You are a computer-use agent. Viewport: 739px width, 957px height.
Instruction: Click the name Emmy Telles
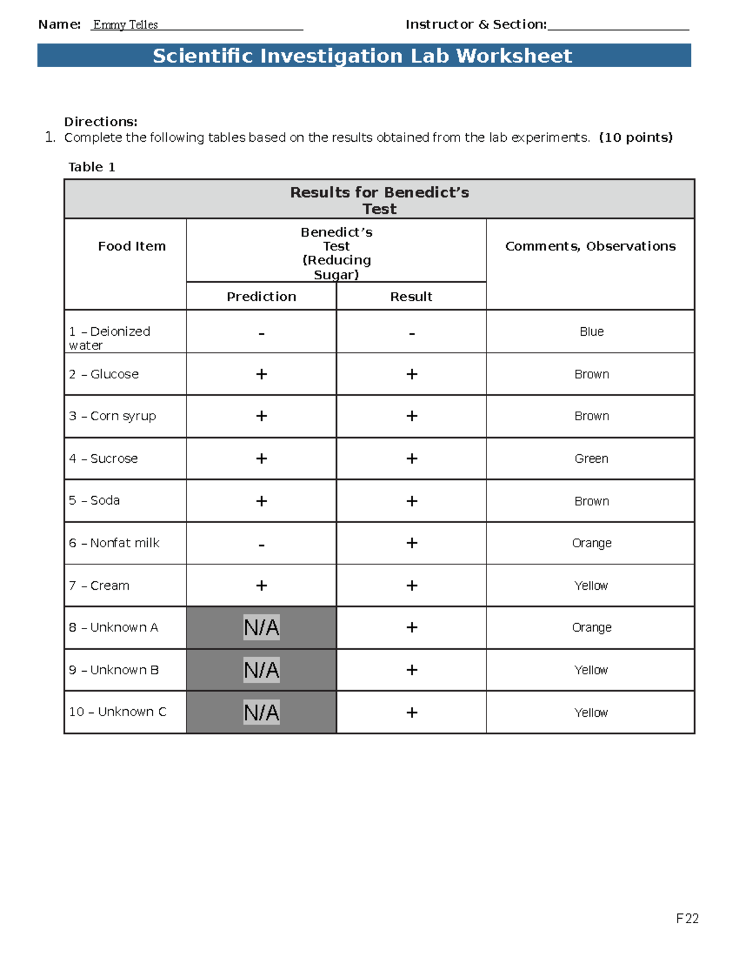(x=125, y=25)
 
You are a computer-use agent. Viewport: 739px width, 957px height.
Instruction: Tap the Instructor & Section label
(x=475, y=25)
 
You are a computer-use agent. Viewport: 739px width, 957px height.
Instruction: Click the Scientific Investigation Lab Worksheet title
(x=363, y=56)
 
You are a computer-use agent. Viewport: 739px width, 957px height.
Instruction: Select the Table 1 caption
(x=91, y=167)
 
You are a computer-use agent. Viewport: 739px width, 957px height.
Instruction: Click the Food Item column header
(x=132, y=246)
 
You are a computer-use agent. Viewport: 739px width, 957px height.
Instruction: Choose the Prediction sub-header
(x=261, y=296)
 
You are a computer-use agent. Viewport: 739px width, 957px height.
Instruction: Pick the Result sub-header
(x=411, y=296)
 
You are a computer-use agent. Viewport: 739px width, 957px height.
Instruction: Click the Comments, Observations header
(x=590, y=246)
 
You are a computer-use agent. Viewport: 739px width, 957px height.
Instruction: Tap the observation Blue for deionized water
(x=591, y=332)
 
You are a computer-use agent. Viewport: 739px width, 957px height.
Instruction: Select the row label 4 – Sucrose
(x=103, y=458)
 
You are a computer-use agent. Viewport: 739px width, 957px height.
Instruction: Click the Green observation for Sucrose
(x=591, y=458)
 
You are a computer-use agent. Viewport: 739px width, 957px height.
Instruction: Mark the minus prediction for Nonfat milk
(x=261, y=544)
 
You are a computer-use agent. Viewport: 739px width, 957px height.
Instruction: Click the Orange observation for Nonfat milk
(x=591, y=543)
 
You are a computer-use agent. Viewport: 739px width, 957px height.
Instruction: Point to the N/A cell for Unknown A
(x=261, y=627)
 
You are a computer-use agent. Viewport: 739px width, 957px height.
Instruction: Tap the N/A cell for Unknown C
(x=261, y=712)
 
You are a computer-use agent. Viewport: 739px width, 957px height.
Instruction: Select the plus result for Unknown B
(x=411, y=670)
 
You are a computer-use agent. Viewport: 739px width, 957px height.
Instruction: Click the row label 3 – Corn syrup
(x=112, y=416)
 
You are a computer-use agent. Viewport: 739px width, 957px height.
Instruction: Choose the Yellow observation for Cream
(x=591, y=585)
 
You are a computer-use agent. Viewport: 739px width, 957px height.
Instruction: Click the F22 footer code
(x=687, y=919)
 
